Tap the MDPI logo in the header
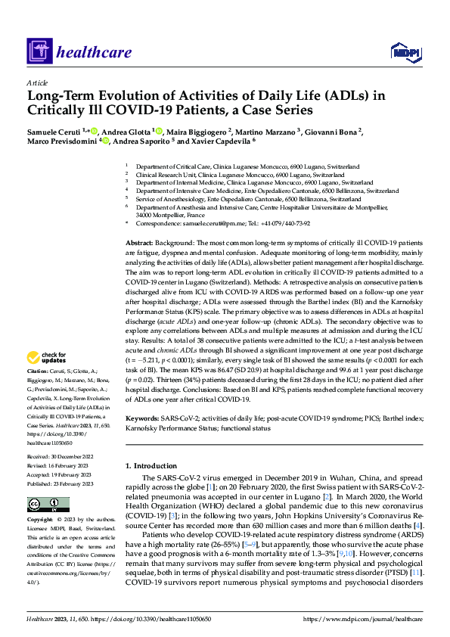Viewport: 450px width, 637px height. click(403, 51)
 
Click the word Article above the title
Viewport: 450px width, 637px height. click(37, 82)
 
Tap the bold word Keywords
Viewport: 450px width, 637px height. click(141, 418)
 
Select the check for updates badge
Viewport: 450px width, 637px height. click(47, 357)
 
